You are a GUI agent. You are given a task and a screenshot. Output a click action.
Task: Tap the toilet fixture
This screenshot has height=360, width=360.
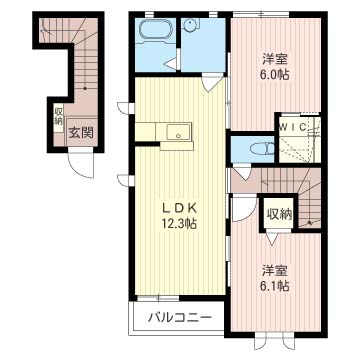[264, 149]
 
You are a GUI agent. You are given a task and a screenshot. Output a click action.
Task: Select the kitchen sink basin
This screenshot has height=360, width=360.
[179, 132]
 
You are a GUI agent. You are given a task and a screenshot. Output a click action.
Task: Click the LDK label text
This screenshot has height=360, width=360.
[179, 208]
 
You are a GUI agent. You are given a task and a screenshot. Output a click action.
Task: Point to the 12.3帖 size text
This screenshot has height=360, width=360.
[179, 223]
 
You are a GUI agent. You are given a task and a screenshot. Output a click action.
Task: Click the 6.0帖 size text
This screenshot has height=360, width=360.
[275, 74]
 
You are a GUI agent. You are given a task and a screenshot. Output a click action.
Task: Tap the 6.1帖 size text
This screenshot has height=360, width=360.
[275, 286]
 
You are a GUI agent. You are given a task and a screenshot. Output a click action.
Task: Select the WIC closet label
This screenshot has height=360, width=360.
[293, 127]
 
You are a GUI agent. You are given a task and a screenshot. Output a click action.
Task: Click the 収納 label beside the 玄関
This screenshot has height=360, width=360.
[59, 116]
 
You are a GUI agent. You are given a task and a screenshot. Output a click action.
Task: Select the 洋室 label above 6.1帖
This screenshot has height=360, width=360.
[275, 271]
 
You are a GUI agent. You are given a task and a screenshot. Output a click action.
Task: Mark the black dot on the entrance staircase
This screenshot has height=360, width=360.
[85, 88]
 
